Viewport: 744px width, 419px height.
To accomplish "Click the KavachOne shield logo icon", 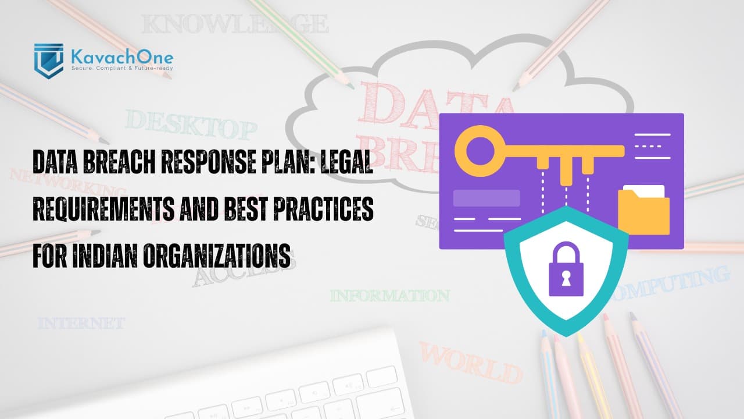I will coord(49,60).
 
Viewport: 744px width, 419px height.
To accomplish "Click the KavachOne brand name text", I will coord(121,57).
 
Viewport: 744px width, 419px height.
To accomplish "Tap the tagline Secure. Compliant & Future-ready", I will coord(121,69).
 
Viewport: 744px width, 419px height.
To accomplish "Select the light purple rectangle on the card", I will coord(487,198).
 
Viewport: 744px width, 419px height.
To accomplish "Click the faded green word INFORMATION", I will coord(390,296).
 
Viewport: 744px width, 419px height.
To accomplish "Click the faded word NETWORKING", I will coord(68,182).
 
